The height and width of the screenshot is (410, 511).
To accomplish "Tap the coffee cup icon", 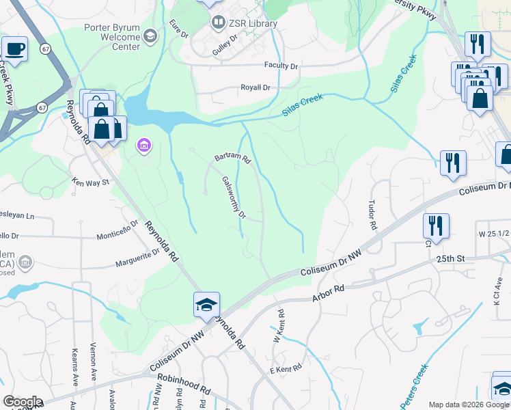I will point(14,49).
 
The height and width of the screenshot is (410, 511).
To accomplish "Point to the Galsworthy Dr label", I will point(234,197).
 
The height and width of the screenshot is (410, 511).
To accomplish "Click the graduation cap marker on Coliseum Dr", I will point(206,305).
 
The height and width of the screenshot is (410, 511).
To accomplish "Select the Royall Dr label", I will point(255,88).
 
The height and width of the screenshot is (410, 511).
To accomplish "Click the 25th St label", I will point(450,259).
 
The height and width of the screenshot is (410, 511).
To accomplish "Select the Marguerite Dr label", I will point(137,256).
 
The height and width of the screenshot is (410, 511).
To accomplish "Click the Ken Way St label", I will point(90,182).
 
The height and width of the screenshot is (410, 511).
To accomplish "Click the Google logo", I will point(22,402).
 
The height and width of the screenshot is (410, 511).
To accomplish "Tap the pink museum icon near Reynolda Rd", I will point(144,145).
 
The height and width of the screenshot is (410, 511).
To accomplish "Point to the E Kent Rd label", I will point(286,369).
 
